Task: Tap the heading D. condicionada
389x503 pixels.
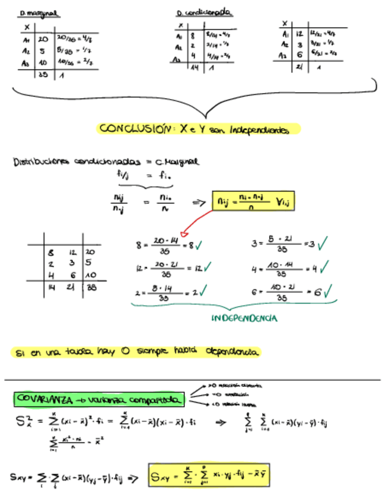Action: [203, 12]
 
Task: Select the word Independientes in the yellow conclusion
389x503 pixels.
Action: [259, 129]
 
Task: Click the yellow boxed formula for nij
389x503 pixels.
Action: [253, 202]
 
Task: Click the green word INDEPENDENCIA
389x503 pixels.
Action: [243, 318]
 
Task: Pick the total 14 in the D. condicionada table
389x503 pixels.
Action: [193, 69]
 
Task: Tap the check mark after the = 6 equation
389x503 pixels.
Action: [327, 291]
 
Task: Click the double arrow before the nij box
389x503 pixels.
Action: [199, 202]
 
